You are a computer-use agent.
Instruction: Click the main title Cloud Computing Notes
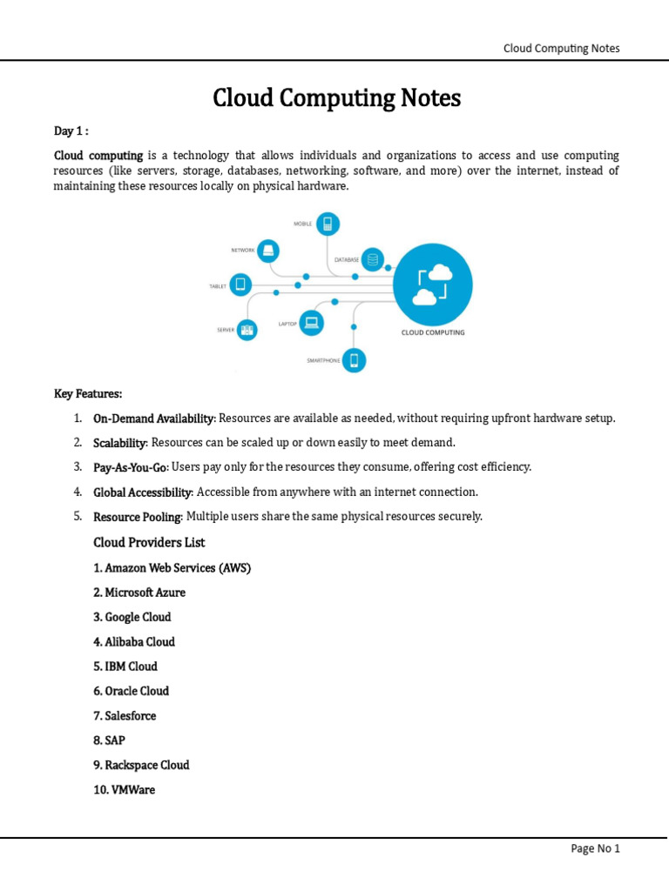pos(336,98)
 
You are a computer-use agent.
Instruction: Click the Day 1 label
pos(71,131)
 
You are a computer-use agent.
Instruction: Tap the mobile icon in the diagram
pos(328,224)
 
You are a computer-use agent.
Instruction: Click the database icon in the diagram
pos(373,258)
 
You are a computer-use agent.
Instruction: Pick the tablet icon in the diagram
pos(242,285)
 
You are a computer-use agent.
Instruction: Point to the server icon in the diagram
pos(247,329)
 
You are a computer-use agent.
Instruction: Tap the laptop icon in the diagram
pos(311,323)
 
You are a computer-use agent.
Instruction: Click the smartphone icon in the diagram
pos(354,359)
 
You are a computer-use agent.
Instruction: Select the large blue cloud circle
pos(433,284)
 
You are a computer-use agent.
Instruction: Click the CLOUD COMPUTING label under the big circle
pos(433,332)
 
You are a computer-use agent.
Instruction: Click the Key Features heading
pos(88,394)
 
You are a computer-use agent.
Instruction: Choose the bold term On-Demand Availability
pos(153,419)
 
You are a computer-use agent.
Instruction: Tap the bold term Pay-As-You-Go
pos(130,467)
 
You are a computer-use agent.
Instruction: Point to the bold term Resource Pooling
pos(138,517)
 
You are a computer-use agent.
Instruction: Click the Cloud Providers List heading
pos(149,543)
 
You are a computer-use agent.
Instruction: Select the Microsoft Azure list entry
pos(139,593)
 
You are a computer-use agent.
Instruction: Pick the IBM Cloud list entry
pos(125,667)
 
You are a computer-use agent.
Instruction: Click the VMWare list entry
pos(124,790)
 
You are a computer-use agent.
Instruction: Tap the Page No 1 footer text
pos(595,849)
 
